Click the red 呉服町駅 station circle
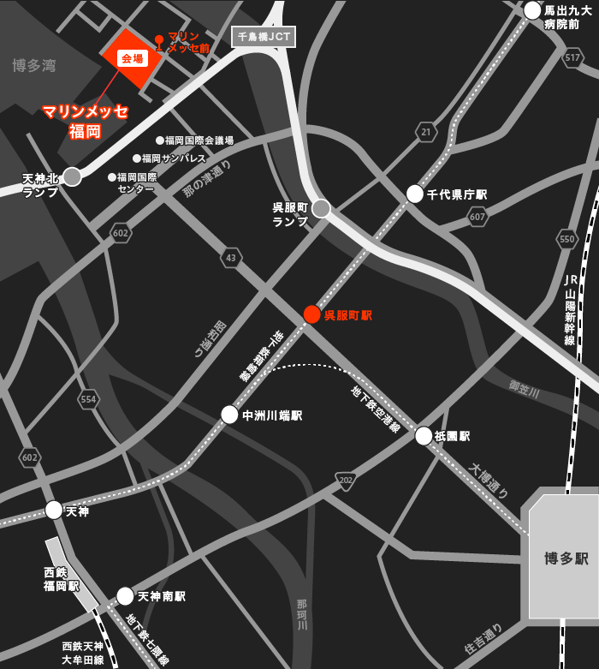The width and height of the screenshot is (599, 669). tap(312, 314)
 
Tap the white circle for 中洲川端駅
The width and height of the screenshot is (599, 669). tap(229, 415)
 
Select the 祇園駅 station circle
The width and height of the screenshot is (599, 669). tap(424, 436)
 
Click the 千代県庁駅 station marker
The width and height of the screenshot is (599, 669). tap(415, 194)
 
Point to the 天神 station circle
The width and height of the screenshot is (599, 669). tap(54, 511)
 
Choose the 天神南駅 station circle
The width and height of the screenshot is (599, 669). tap(125, 596)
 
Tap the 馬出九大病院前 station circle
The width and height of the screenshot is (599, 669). tap(532, 10)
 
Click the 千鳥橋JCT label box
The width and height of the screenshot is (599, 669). tap(264, 37)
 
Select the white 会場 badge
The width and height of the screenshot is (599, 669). tap(133, 58)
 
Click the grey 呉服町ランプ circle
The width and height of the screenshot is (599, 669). tap(321, 208)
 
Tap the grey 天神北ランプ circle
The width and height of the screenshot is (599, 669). tap(72, 176)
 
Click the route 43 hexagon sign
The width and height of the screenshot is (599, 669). tap(230, 257)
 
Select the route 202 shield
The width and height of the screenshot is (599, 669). tap(345, 481)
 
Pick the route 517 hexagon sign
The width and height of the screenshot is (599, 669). tap(573, 57)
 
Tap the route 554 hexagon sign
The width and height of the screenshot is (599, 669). tap(87, 398)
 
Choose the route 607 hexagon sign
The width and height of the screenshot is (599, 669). tap(477, 217)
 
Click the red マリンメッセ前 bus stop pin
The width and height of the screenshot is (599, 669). tap(159, 41)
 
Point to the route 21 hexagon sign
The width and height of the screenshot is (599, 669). tap(426, 131)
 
